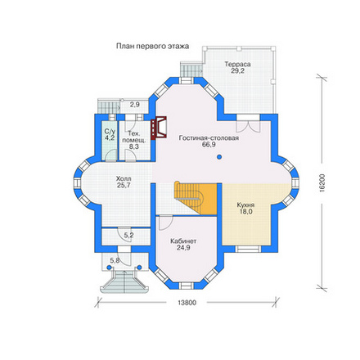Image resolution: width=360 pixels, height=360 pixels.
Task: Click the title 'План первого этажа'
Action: pos(152,47)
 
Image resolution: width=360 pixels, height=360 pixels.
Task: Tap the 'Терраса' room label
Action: pos(237,65)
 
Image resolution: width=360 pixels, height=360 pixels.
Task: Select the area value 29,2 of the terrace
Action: pos(237,71)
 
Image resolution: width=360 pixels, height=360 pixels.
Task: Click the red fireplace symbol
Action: pos(159,128)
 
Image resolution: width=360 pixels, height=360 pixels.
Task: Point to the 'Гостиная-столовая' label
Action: pos(209,138)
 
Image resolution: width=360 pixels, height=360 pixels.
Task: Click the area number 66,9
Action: pos(209,145)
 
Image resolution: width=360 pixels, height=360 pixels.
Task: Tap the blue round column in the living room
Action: pos(219,157)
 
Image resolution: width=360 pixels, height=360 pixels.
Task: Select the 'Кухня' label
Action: pos(245,205)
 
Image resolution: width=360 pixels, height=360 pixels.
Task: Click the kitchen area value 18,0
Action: pos(245,212)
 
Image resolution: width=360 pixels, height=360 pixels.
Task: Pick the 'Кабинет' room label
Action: pos(183,241)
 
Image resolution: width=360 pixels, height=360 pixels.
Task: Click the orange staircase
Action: pos(196,198)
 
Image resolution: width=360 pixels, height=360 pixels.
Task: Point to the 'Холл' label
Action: pos(124,179)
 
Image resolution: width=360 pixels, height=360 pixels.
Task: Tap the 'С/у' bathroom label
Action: pos(110,131)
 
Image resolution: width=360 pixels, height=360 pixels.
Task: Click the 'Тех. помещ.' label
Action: pos(133,137)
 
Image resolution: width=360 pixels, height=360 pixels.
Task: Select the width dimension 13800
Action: pos(187,303)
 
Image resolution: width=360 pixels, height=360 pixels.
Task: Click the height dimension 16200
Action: pos(322,183)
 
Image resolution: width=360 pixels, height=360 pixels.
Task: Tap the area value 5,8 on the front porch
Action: pos(115,261)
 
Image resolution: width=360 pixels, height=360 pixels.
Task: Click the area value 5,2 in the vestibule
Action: pos(128,235)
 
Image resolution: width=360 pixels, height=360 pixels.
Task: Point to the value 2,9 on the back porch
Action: pos(135,104)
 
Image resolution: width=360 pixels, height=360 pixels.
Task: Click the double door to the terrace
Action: pos(248,126)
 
